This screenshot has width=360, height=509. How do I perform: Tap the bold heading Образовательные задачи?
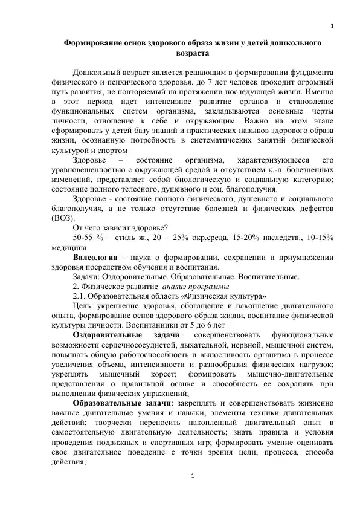point(121,403)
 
